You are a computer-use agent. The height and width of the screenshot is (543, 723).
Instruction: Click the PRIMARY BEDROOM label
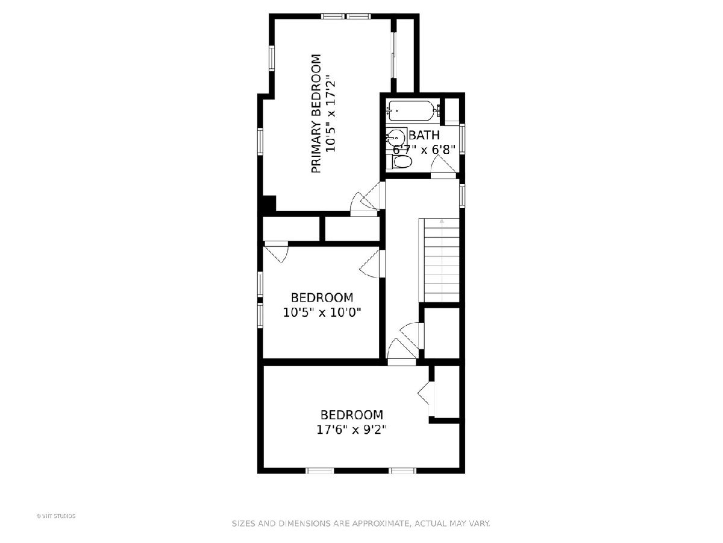(316, 114)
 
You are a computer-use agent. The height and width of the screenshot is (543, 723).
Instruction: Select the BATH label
(424, 135)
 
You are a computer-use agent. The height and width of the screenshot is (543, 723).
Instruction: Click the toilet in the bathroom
(400, 162)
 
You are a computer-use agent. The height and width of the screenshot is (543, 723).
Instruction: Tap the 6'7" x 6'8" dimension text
(425, 150)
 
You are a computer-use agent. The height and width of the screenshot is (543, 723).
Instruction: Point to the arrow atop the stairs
(442, 221)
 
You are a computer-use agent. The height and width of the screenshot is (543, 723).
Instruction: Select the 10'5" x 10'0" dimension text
(322, 313)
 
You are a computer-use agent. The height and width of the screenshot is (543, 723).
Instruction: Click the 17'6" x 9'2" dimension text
(351, 430)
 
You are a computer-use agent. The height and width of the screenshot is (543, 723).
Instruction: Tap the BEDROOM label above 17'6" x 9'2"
(352, 414)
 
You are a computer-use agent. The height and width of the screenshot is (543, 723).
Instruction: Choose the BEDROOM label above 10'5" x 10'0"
(322, 297)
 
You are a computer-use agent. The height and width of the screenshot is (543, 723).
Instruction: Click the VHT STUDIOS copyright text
(56, 516)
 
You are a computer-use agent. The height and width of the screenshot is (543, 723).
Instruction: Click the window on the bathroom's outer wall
(462, 139)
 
